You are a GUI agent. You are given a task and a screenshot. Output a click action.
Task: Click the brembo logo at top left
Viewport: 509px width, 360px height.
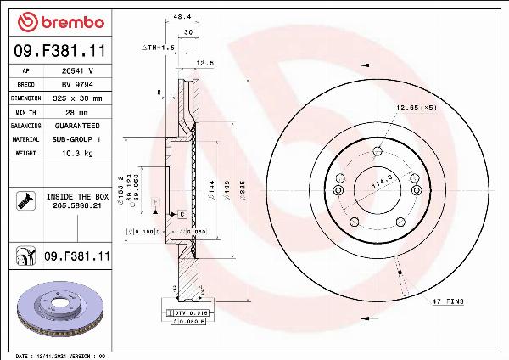coord(60,20)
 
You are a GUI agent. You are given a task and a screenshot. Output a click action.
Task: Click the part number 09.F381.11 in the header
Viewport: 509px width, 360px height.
coord(60,53)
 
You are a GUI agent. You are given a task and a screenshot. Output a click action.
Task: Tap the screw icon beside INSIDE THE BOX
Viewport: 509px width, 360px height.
coord(25,200)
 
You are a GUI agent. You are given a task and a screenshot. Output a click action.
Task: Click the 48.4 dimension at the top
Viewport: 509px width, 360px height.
coord(181,16)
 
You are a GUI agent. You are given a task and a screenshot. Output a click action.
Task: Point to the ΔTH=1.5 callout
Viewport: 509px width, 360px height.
coord(158,48)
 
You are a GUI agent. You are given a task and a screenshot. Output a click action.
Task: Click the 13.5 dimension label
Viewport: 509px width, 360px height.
coord(204,62)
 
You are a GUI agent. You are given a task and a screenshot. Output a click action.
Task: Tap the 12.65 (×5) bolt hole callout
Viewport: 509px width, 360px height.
coord(415,108)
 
